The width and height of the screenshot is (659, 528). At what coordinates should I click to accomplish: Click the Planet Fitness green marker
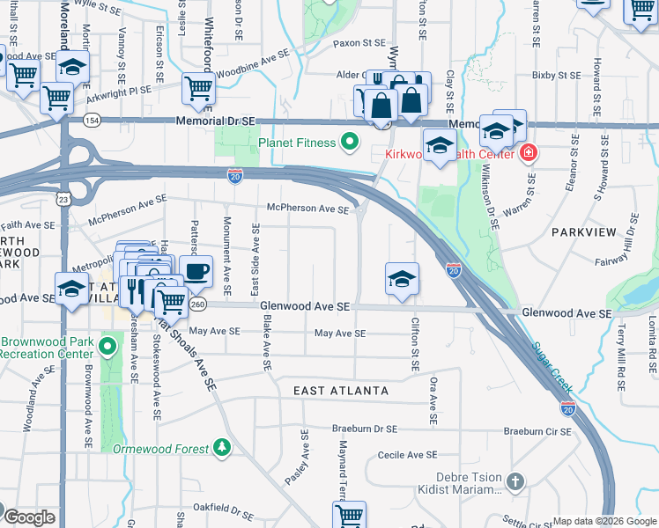pyautogui.click(x=350, y=142)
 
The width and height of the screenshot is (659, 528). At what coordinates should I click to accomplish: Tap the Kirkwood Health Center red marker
pyautogui.click(x=528, y=153)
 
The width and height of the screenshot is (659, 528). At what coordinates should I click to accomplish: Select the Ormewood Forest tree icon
pyautogui.click(x=222, y=449)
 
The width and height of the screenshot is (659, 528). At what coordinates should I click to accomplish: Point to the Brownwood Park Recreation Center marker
pyautogui.click(x=107, y=347)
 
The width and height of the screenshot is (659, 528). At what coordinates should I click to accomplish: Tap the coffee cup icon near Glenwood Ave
pyautogui.click(x=196, y=270)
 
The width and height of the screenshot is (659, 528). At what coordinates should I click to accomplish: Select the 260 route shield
pyautogui.click(x=197, y=304)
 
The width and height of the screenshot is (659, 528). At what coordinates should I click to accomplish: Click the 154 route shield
pyautogui.click(x=92, y=120)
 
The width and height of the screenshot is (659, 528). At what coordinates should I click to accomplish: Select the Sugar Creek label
pyautogui.click(x=553, y=367)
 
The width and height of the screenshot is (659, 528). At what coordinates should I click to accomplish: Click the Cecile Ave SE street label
pyautogui.click(x=407, y=455)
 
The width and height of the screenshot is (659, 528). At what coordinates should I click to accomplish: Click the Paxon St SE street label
pyautogui.click(x=359, y=42)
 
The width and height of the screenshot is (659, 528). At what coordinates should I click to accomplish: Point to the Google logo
pyautogui.click(x=28, y=517)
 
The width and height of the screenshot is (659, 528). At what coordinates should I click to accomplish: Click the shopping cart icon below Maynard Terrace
pyautogui.click(x=349, y=515)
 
